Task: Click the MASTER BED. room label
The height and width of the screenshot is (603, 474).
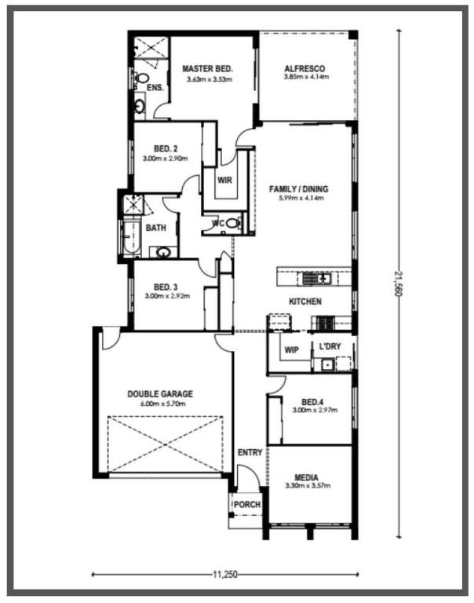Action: click(208, 69)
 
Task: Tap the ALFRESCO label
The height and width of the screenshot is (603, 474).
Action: click(304, 69)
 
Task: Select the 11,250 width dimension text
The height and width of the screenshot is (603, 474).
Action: click(225, 575)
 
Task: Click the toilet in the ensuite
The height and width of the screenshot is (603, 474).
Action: click(140, 78)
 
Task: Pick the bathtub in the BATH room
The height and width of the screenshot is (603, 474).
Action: click(132, 237)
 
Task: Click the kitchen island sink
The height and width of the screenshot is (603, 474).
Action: click(316, 278)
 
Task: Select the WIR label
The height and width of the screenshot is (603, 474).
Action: click(224, 180)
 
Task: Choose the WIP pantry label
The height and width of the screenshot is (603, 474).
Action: click(291, 350)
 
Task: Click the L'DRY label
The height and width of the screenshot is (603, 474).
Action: click(330, 346)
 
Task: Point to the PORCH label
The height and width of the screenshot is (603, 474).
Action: click(247, 504)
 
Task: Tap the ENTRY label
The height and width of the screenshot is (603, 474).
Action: click(250, 452)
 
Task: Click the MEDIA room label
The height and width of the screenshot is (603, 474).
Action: click(306, 477)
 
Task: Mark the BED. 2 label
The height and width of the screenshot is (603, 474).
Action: click(166, 148)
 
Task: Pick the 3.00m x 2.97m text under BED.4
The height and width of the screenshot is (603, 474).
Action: click(315, 410)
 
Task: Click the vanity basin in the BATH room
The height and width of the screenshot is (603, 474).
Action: click(164, 253)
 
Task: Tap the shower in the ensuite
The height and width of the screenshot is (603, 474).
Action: click(151, 47)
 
